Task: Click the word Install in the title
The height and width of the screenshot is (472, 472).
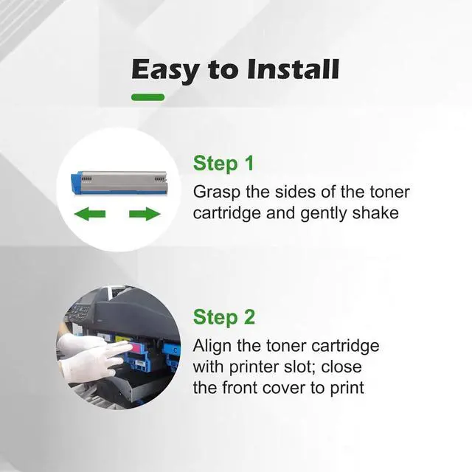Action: [x=293, y=70]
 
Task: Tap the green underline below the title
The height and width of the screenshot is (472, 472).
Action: [x=147, y=97]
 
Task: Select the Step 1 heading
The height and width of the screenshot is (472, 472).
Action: [x=223, y=164]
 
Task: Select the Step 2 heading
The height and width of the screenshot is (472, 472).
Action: [x=223, y=318]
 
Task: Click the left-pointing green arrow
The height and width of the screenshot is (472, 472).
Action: [x=90, y=215]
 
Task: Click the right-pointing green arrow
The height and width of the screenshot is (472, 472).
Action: [x=145, y=215]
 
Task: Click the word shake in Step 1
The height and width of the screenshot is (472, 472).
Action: [x=377, y=214]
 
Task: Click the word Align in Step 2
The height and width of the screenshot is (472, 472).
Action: [x=212, y=346]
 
